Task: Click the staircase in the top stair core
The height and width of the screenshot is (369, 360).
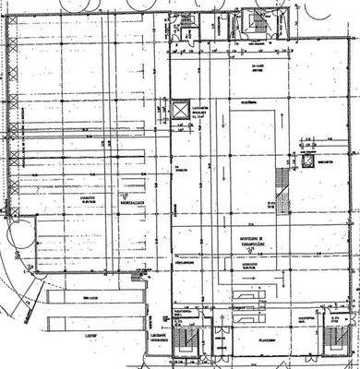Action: (250, 24)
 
